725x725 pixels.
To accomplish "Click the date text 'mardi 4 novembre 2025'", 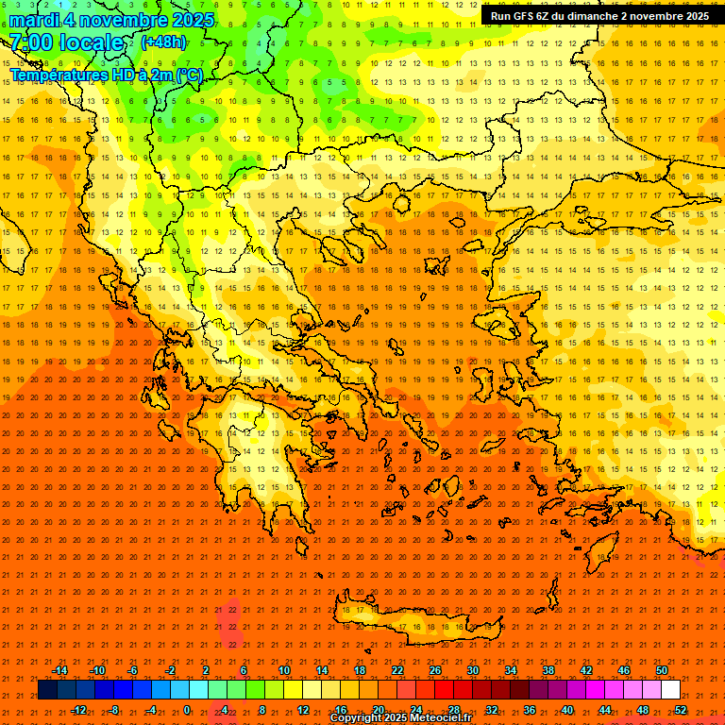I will pyautogui.click(x=112, y=20).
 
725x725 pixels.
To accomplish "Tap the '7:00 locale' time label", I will pyautogui.click(x=66, y=42).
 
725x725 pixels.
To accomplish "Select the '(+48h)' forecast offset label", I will pyautogui.click(x=163, y=42).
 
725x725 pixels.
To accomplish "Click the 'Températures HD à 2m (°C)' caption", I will pyautogui.click(x=107, y=74).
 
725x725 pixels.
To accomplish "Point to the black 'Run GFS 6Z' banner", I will pyautogui.click(x=600, y=16).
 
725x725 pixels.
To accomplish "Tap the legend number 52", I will pyautogui.click(x=681, y=710).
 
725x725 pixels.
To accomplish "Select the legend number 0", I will pyautogui.click(x=187, y=710).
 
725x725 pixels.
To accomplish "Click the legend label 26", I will pyautogui.click(x=434, y=670).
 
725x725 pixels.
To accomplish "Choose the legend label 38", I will pyautogui.click(x=548, y=670).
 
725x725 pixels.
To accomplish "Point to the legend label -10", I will pyautogui.click(x=97, y=670).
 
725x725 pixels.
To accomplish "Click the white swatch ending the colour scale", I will pyautogui.click(x=671, y=690).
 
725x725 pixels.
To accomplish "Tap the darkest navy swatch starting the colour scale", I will pyautogui.click(x=47, y=690).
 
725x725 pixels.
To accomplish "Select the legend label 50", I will pyautogui.click(x=662, y=670).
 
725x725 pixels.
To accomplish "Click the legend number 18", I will pyautogui.click(x=359, y=670).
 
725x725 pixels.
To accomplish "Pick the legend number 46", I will pyautogui.click(x=624, y=670).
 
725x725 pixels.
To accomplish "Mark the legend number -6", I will pyautogui.click(x=133, y=670).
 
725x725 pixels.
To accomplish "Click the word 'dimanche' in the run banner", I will pyautogui.click(x=585, y=16).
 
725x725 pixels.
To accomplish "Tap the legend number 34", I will pyautogui.click(x=510, y=670).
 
